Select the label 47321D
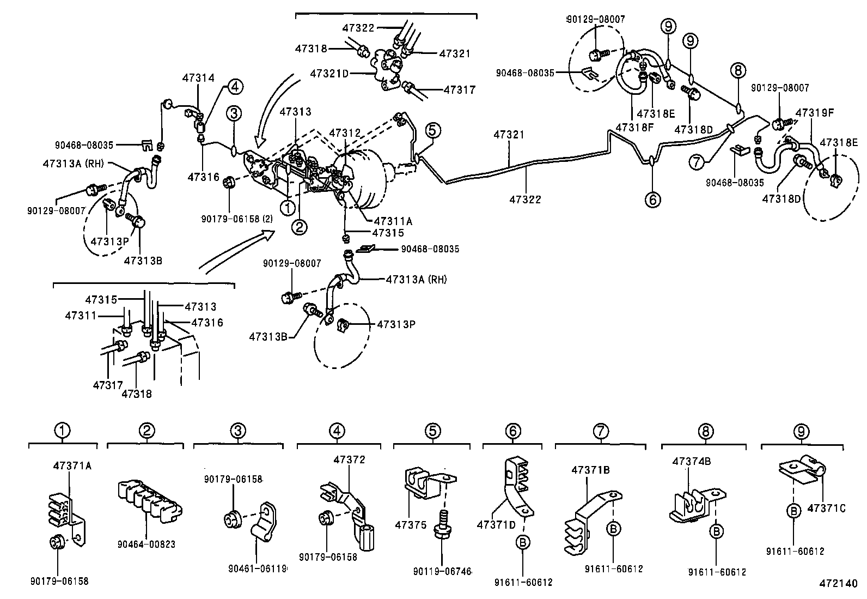pyautogui.click(x=329, y=73)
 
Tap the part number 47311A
pyautogui.click(x=393, y=221)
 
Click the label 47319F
pyautogui.click(x=815, y=113)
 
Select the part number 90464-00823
pyautogui.click(x=146, y=544)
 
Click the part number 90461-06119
pyautogui.click(x=257, y=569)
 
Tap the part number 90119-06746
pyautogui.click(x=442, y=571)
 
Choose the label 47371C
pyautogui.click(x=826, y=508)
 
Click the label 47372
pyautogui.click(x=349, y=459)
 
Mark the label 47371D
pyautogui.click(x=496, y=524)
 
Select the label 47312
pyautogui.click(x=345, y=133)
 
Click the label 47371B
pyautogui.click(x=590, y=470)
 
